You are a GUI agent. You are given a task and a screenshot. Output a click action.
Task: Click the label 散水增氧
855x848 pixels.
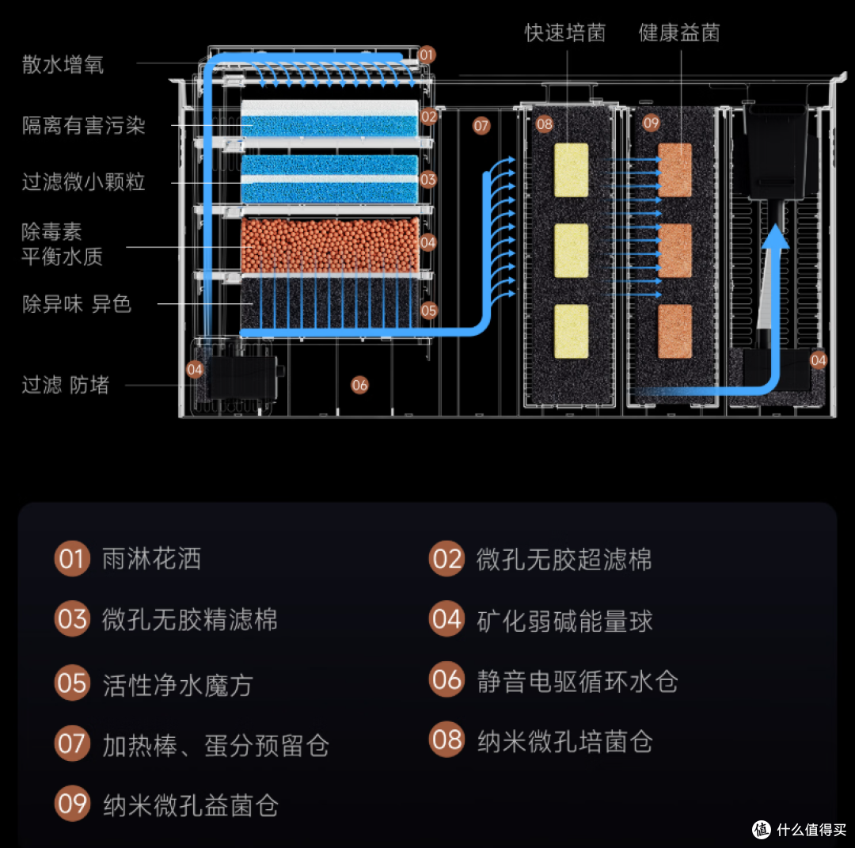[63, 64]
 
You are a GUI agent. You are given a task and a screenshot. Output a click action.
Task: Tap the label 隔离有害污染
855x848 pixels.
[83, 125]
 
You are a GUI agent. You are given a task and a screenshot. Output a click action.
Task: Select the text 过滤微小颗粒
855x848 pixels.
[83, 181]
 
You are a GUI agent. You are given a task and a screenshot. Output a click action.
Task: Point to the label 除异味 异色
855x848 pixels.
[77, 304]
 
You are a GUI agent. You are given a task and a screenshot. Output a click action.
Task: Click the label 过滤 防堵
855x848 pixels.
[66, 385]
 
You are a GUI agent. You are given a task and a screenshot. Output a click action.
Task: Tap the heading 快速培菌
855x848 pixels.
[565, 32]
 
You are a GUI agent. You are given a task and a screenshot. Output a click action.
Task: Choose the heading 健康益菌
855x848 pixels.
[679, 32]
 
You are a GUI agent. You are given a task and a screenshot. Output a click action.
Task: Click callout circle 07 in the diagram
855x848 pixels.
[481, 126]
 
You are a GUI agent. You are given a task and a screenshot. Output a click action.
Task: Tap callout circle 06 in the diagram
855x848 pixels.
[359, 386]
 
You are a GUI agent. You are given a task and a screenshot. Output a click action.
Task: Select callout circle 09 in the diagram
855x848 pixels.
[651, 124]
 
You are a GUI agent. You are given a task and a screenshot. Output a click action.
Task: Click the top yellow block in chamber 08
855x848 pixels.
[571, 170]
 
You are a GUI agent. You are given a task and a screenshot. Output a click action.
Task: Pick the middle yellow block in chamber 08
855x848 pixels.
[571, 250]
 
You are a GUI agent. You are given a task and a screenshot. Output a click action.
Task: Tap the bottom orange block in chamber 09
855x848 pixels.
[674, 332]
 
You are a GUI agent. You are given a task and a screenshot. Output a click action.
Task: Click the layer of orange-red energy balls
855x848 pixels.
[330, 245]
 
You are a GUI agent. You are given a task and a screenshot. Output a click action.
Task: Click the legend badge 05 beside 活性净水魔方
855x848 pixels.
[72, 683]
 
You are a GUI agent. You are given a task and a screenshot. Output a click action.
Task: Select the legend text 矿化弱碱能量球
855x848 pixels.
[564, 621]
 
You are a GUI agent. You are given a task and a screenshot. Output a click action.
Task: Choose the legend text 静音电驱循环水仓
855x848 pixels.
[577, 682]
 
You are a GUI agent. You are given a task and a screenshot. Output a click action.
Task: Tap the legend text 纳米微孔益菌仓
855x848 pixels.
[190, 805]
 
